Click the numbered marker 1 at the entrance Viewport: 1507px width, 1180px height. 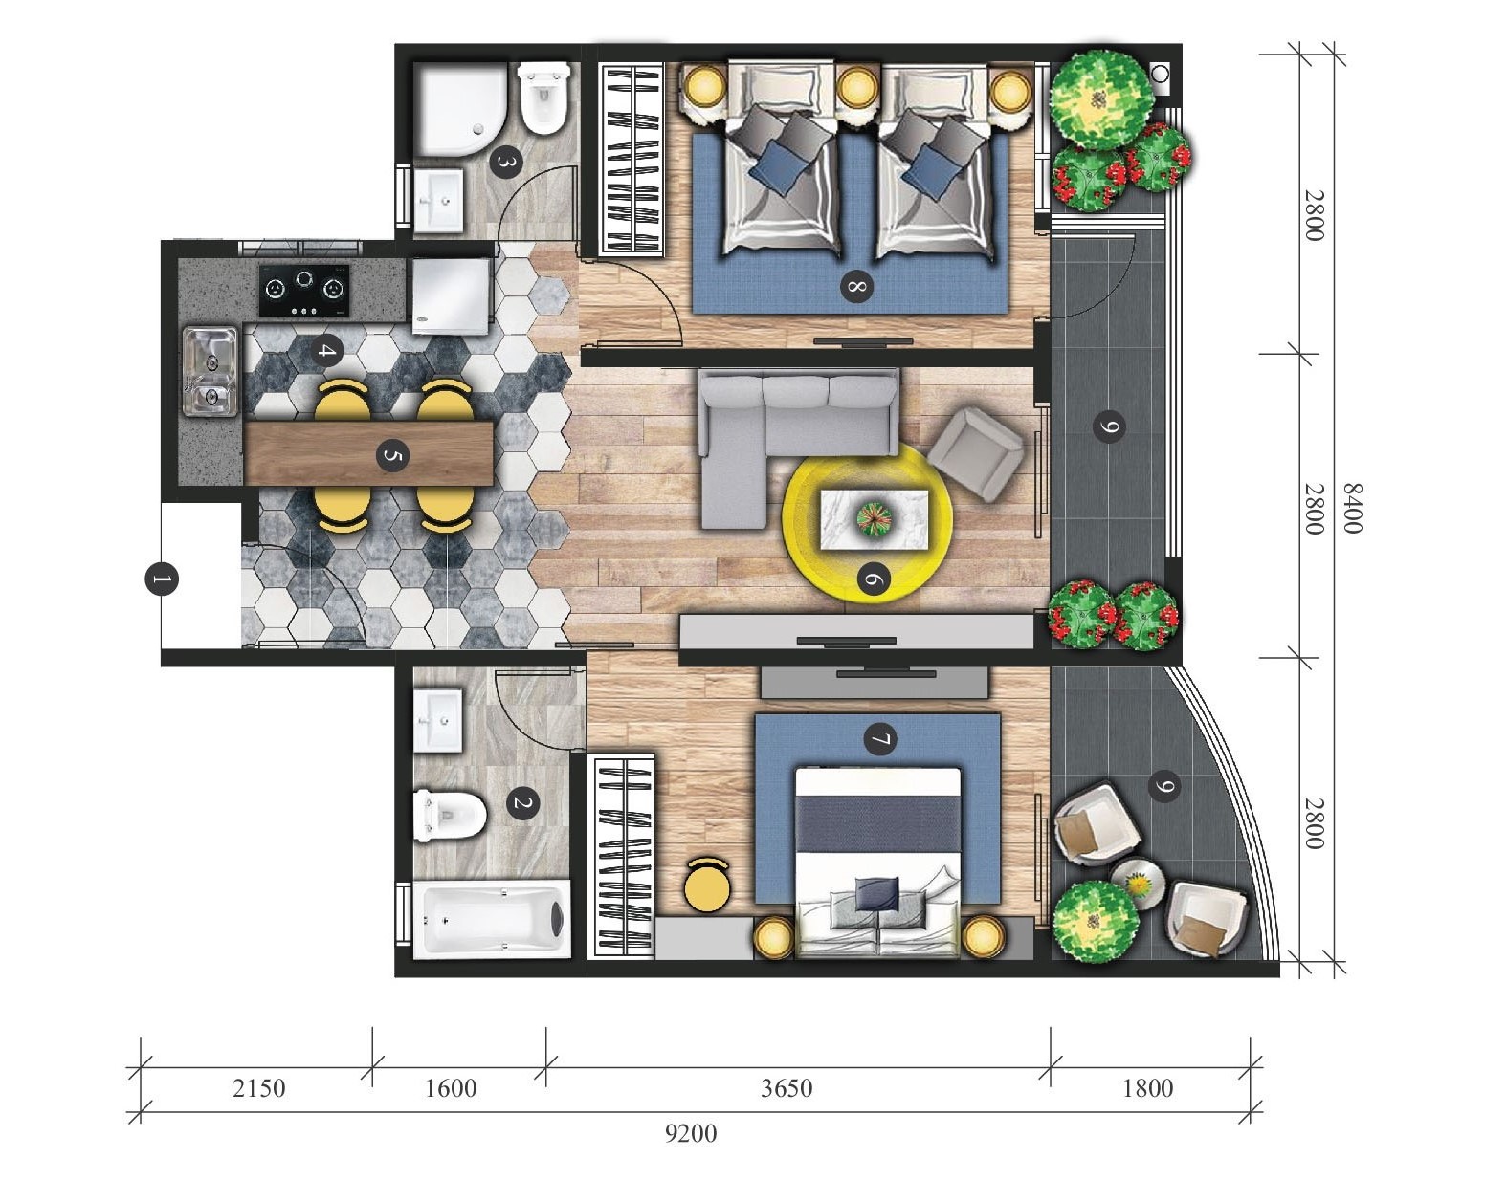161,579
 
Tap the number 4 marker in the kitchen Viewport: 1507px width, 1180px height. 326,351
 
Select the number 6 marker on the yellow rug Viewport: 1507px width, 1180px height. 874,579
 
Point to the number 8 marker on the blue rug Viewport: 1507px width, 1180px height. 856,286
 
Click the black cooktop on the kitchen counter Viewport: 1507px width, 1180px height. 303,291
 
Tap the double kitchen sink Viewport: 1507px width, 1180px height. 210,371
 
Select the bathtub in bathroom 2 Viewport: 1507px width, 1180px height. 492,920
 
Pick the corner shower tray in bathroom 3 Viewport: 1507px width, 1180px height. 460,111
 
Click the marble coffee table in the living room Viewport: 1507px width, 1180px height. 874,519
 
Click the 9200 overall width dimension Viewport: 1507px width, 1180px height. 691,1133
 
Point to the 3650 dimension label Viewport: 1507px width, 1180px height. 787,1088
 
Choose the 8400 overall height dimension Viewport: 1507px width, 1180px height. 1352,509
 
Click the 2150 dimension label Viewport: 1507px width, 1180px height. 258,1088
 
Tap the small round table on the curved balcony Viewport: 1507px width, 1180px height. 1136,884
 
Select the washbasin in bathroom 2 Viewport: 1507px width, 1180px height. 439,720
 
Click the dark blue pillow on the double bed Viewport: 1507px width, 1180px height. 877,894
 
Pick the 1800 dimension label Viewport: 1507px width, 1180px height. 1148,1088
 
